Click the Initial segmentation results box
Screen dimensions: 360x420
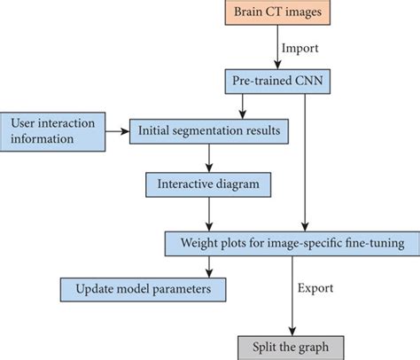pyautogui.click(x=210, y=131)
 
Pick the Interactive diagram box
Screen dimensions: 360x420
pyautogui.click(x=208, y=185)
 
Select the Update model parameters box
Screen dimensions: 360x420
pyautogui.click(x=142, y=290)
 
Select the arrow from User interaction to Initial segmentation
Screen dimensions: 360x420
pyautogui.click(x=115, y=131)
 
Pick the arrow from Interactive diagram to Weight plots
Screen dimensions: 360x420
pyautogui.click(x=209, y=213)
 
